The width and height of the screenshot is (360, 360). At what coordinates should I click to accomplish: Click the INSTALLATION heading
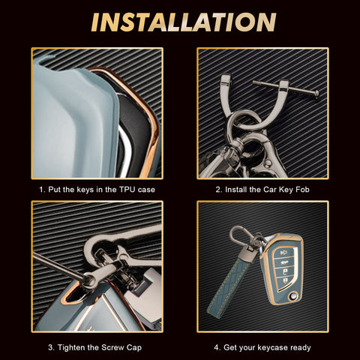point(184,22)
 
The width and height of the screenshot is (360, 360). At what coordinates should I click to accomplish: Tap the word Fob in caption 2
point(302,190)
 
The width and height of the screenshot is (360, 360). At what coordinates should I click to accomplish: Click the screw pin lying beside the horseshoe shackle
point(286,88)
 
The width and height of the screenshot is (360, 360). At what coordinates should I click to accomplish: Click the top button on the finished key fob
point(283,253)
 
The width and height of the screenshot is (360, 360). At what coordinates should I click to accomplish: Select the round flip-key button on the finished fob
point(292,296)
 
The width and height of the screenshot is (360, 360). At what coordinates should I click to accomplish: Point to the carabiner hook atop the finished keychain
point(239,236)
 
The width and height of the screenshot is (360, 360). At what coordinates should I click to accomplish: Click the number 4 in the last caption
point(217,348)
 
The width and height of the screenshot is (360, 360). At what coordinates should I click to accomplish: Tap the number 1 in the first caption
point(41,190)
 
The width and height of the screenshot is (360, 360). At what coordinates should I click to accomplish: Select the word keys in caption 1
point(85,190)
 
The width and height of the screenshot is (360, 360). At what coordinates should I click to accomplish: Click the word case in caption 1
point(146,190)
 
